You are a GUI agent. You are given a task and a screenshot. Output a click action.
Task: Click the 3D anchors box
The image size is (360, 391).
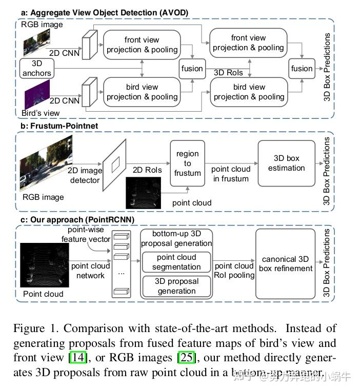pyautogui.click(x=36, y=68)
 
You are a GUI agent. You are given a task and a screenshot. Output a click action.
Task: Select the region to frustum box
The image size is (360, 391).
pyautogui.click(x=187, y=162)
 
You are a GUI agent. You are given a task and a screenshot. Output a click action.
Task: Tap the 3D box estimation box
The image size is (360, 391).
pyautogui.click(x=286, y=163)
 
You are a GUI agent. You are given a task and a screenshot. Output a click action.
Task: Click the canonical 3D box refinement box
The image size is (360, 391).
pyautogui.click(x=286, y=263)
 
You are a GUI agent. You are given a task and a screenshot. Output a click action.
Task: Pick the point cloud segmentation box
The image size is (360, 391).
pyautogui.click(x=176, y=261)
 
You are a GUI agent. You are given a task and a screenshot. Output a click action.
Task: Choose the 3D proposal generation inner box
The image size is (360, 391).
pyautogui.click(x=176, y=285)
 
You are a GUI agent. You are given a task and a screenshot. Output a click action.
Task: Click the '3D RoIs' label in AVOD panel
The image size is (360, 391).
pyautogui.click(x=228, y=73)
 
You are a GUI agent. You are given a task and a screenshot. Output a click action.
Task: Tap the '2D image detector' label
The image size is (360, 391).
pyautogui.click(x=85, y=175)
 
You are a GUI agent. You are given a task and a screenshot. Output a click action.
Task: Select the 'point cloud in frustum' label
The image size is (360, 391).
pyautogui.click(x=230, y=174)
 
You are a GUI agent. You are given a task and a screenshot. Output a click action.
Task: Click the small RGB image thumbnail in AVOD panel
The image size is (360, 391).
pyautogui.click(x=37, y=43)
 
